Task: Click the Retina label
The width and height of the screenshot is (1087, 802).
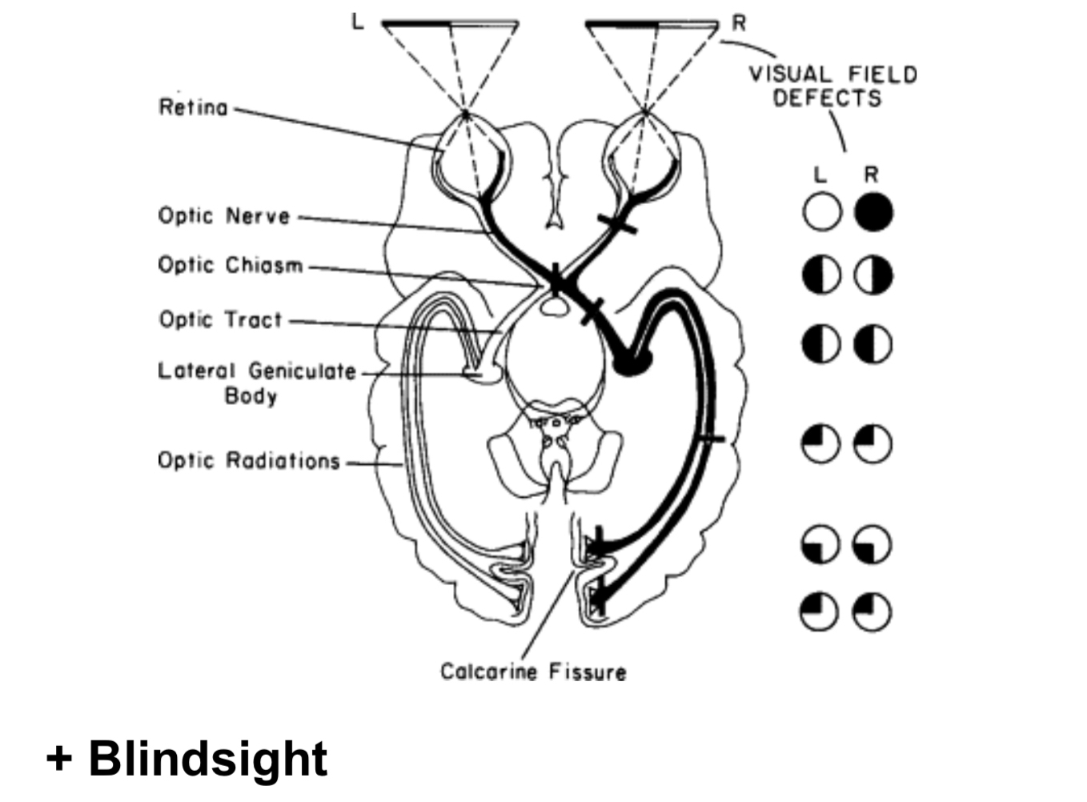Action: click(193, 107)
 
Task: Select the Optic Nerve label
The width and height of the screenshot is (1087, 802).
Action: click(223, 216)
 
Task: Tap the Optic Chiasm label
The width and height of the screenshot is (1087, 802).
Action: click(230, 265)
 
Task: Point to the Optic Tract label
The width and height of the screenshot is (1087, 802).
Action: click(220, 319)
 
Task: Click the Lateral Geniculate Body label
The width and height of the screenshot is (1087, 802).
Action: click(255, 383)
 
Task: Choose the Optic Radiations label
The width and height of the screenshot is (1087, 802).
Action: click(248, 461)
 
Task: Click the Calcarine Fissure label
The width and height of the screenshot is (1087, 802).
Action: click(533, 672)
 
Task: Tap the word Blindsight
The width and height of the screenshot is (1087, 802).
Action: click(207, 758)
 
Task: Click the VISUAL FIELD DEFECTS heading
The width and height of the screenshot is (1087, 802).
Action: click(832, 86)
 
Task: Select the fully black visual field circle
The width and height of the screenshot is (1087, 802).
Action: click(872, 212)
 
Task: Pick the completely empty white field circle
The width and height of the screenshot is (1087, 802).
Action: click(821, 212)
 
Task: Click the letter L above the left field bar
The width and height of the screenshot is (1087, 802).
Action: click(357, 22)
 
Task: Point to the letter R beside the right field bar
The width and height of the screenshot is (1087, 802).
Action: click(738, 23)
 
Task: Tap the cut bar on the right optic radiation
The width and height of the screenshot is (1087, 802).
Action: click(709, 438)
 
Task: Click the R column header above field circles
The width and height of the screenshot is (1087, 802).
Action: click(872, 174)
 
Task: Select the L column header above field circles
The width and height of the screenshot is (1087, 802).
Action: click(820, 174)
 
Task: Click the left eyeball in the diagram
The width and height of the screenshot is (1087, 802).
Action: click(468, 156)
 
